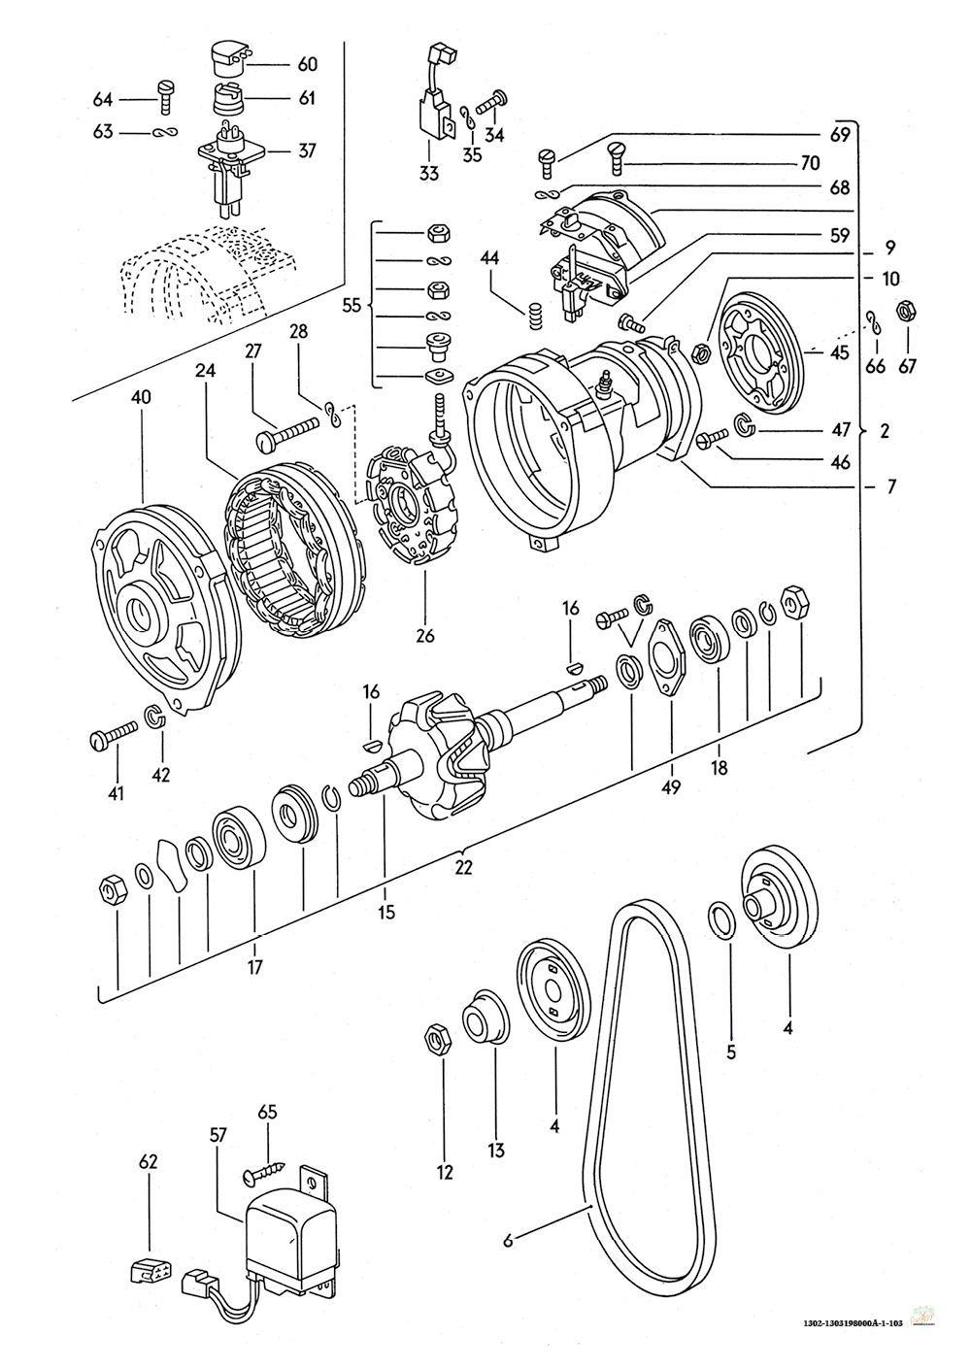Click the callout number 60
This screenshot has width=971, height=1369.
(x=308, y=65)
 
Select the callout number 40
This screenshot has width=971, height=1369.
(x=141, y=398)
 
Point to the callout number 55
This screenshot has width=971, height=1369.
(x=352, y=305)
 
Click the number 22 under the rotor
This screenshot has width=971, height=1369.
(x=463, y=868)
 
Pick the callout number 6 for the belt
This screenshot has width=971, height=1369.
(x=508, y=1240)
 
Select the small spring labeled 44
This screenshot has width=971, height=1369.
(x=533, y=315)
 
